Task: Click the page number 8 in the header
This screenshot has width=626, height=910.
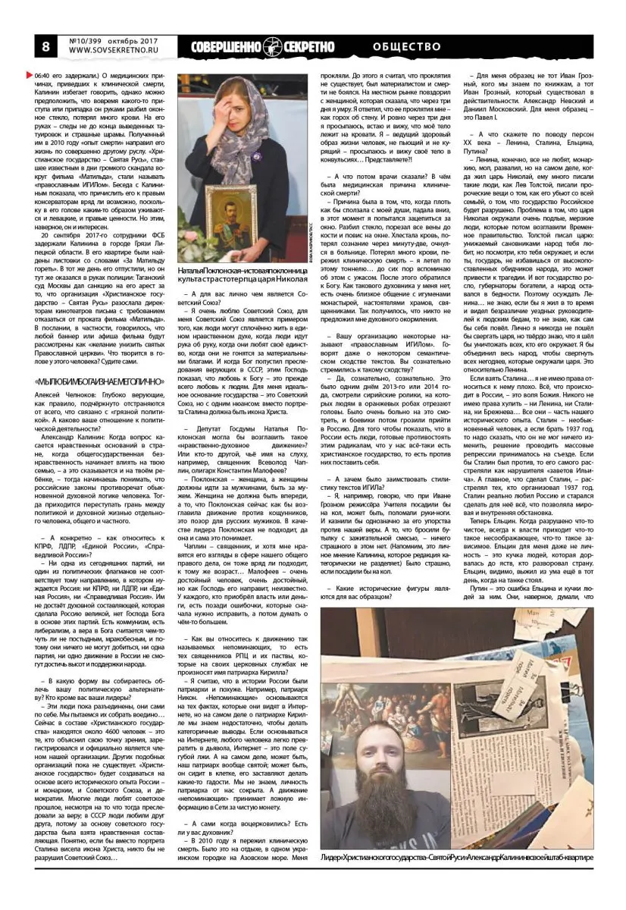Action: coord(35,45)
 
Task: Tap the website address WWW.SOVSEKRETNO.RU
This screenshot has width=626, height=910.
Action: coord(110,52)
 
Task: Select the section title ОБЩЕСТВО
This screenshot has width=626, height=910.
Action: coord(406,46)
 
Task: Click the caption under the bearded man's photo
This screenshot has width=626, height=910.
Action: coord(456,857)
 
